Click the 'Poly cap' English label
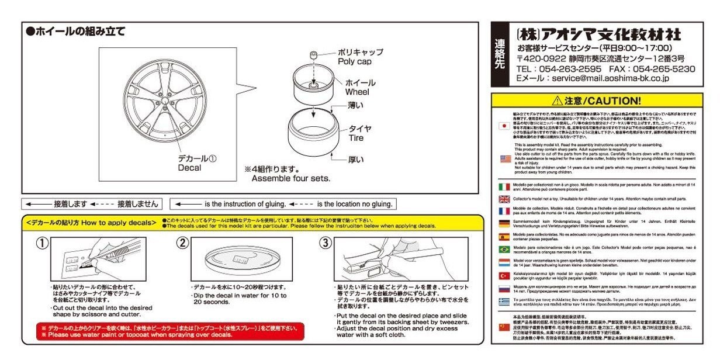tap(354, 61)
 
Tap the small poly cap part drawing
tap(313, 54)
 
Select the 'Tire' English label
tap(356, 138)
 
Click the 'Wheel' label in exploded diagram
tap(357, 92)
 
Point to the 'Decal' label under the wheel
tap(189, 168)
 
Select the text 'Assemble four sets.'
tap(290, 178)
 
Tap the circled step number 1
tap(43, 244)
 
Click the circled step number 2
tap(183, 244)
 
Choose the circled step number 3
tap(326, 244)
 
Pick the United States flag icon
tap(505, 159)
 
